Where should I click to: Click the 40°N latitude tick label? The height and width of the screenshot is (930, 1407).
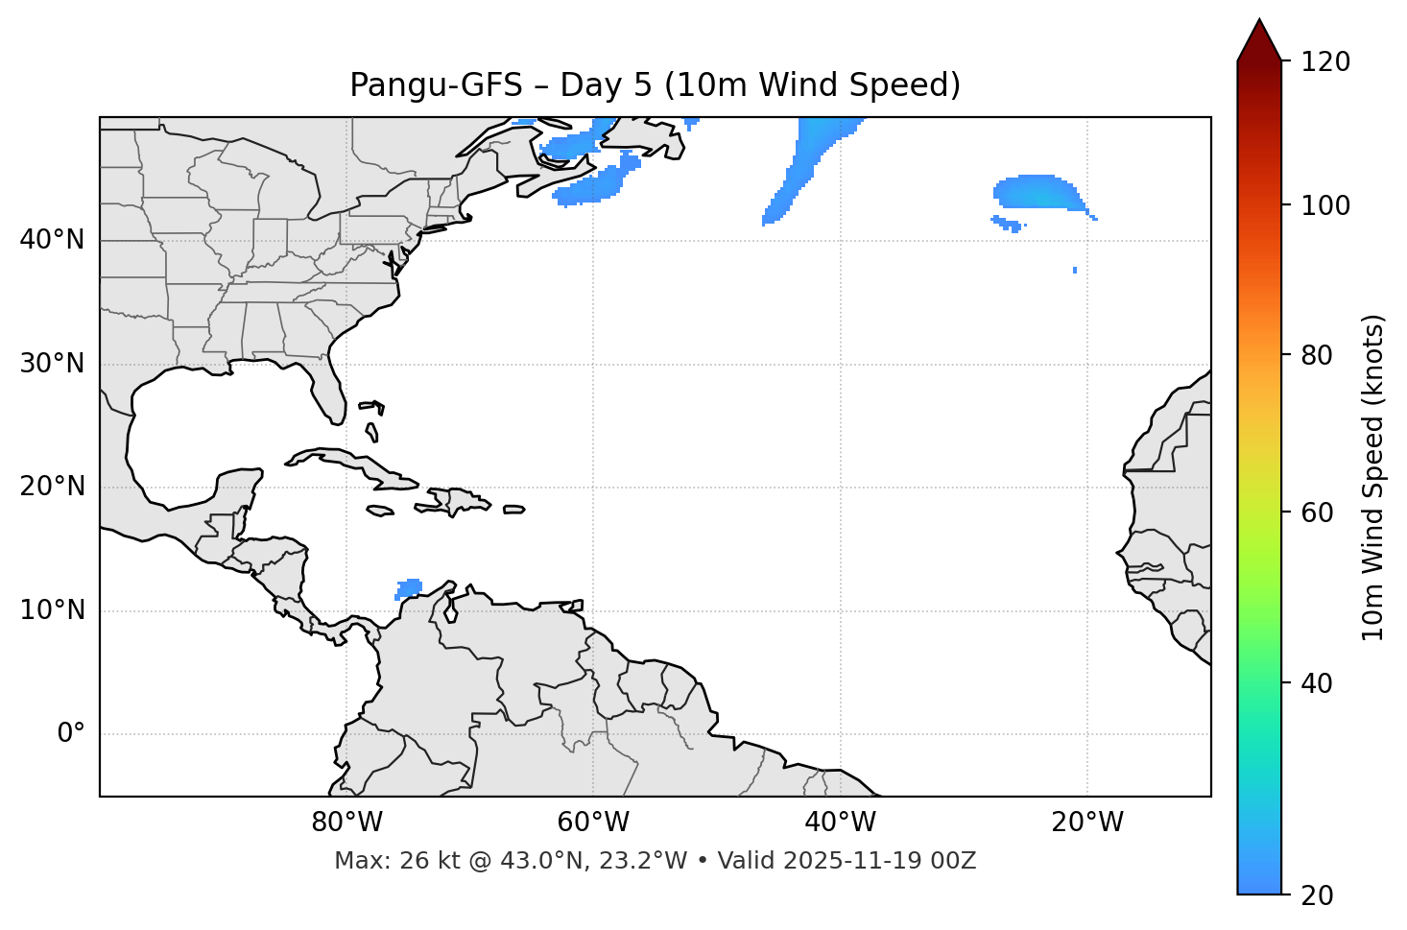[52, 240]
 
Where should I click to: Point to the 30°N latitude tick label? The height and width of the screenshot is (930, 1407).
[52, 364]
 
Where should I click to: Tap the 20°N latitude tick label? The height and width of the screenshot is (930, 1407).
[52, 487]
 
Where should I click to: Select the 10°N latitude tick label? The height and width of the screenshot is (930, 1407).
[52, 610]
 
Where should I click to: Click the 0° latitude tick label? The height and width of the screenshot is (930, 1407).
[71, 734]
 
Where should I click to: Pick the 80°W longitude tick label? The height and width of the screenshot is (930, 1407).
[346, 823]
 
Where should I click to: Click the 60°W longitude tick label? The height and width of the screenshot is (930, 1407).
[593, 823]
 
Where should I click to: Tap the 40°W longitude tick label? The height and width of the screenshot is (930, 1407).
[840, 823]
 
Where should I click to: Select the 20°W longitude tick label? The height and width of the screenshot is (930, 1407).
[1087, 823]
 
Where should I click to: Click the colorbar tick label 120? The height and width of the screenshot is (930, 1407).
[1325, 62]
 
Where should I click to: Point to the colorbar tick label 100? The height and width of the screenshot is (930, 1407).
[1325, 205]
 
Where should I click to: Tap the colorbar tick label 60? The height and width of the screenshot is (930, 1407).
[1319, 513]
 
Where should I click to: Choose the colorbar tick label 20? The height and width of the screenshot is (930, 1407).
[1319, 895]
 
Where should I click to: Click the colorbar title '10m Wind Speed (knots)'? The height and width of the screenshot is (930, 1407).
[1373, 477]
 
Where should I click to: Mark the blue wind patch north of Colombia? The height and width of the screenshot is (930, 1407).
[409, 588]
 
